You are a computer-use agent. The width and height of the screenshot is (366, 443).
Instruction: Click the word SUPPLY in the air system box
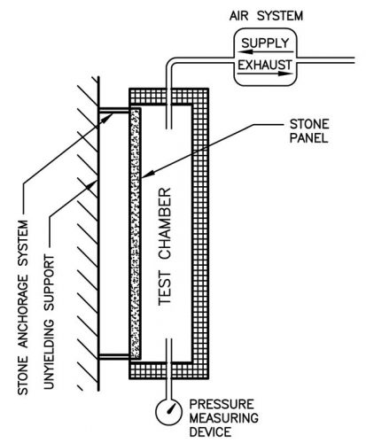coord(265,43)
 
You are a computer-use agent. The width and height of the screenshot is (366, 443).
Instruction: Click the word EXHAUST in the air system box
coord(265,65)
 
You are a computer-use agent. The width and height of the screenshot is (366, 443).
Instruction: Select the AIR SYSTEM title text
coord(266,15)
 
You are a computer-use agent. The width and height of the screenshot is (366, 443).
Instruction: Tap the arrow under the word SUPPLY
coord(265,52)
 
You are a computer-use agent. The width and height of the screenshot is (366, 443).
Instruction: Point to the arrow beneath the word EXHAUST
coord(265,74)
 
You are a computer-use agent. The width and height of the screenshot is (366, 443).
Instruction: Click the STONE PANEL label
coord(309,131)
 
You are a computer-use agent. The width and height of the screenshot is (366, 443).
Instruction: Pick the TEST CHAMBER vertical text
coord(165,246)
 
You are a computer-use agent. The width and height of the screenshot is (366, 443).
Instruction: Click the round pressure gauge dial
coord(168,412)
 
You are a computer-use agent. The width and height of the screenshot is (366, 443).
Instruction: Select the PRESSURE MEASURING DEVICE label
coord(223,418)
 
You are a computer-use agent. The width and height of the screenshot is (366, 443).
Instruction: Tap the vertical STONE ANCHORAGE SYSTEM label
coord(23,307)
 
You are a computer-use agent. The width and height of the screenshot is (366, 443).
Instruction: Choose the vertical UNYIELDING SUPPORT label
coord(49,322)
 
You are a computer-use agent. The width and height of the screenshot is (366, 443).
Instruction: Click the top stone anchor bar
coord(114,110)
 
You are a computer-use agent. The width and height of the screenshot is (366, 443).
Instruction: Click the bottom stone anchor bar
coord(114,356)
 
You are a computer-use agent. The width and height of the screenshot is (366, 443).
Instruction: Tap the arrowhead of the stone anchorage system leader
coord(107,118)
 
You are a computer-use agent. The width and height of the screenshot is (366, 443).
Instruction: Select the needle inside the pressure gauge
coord(171,409)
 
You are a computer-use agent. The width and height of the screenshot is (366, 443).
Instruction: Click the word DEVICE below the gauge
coord(210,432)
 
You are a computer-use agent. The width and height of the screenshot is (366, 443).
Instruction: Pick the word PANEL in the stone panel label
coord(308,138)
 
